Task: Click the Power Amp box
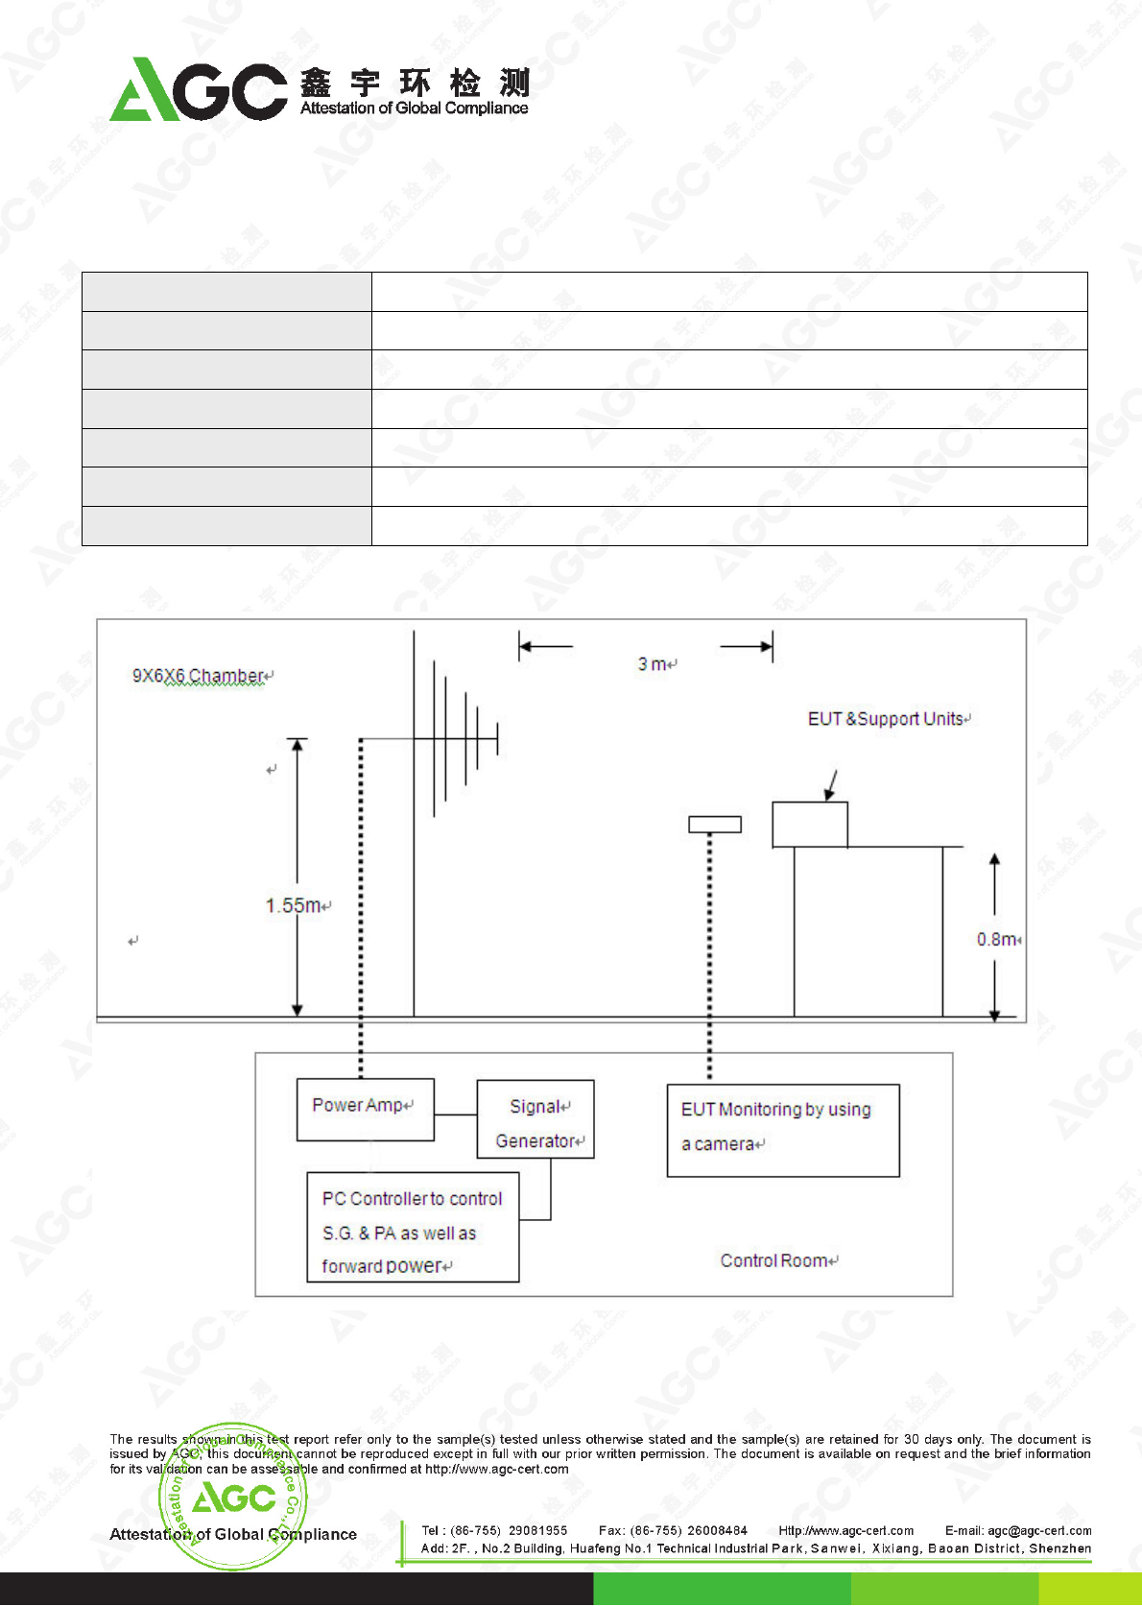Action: [x=365, y=1109]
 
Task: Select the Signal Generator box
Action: [x=535, y=1119]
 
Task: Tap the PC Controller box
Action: [x=413, y=1227]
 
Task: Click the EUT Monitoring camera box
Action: [x=783, y=1130]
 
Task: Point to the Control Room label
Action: [x=776, y=1260]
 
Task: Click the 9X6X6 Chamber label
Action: [x=199, y=676]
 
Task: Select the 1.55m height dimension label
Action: [x=294, y=905]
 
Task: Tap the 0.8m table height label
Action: [x=997, y=939]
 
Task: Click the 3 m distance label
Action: [x=654, y=664]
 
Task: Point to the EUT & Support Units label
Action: [x=886, y=719]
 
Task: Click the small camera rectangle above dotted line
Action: [x=715, y=824]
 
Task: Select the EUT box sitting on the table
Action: [x=810, y=825]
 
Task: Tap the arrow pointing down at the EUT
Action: [x=832, y=784]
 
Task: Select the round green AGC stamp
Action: [x=233, y=1496]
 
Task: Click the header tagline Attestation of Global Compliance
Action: [x=414, y=108]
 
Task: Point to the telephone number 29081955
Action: [x=537, y=1530]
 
